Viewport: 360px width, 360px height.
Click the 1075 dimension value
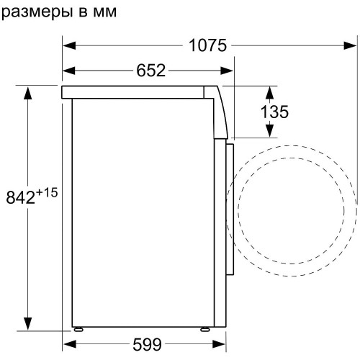coord(208,45)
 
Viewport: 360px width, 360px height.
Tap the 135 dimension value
coord(274,112)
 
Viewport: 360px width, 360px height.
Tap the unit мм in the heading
coord(102,12)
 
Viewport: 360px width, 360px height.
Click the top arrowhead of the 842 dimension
coord(30,92)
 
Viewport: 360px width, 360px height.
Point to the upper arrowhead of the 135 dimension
coord(269,92)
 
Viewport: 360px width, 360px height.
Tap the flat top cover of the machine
coord(137,91)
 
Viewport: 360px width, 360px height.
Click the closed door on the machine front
coord(231,209)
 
